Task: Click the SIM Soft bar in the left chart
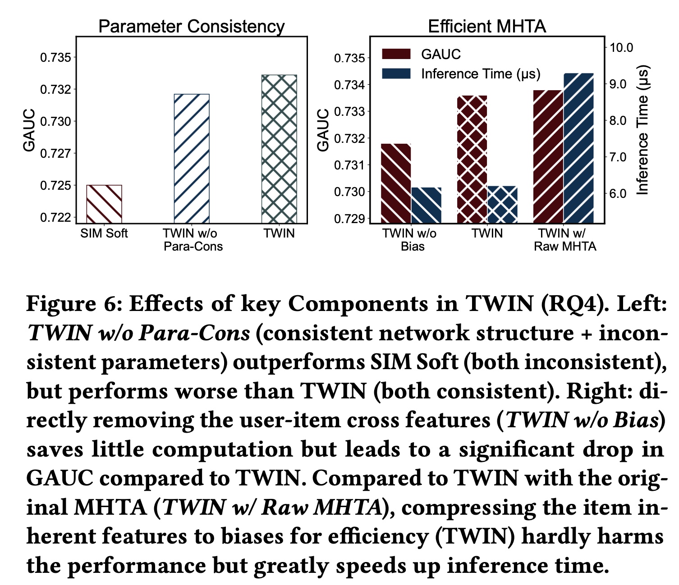click(104, 204)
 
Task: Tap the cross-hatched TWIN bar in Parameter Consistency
click(280, 149)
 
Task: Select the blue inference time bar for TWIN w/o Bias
click(427, 205)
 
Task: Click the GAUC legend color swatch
click(396, 54)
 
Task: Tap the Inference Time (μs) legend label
click(481, 74)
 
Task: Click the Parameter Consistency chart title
click(192, 27)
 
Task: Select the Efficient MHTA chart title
click(487, 27)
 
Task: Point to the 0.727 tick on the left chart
click(55, 154)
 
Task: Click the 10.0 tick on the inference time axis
click(621, 47)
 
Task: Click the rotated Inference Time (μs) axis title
click(642, 131)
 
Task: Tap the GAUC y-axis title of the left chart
click(29, 130)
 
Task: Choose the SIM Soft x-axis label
click(104, 233)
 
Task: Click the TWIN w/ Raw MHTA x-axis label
click(565, 240)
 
